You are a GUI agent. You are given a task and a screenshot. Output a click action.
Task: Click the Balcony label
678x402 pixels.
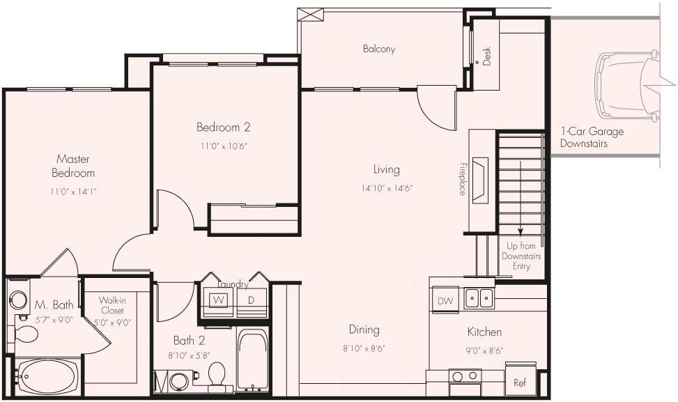378,49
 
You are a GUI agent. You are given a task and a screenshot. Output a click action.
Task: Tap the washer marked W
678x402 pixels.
218,300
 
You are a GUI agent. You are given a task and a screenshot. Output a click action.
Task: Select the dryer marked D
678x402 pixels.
250,300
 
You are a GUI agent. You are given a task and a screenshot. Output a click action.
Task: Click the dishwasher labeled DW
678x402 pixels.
444,300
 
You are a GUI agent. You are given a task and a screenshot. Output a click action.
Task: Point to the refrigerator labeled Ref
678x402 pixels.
519,382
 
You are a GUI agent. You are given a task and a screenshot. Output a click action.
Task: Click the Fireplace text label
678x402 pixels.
462,179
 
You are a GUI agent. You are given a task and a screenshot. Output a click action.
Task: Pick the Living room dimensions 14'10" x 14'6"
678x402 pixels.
386,187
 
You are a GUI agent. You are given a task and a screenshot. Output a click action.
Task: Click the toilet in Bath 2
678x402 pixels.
217,374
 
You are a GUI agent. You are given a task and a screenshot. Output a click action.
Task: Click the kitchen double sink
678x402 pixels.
479,299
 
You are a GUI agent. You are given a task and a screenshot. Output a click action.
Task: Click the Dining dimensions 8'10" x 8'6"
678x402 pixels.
364,348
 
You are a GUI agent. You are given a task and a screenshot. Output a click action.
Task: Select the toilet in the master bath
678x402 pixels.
26,334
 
